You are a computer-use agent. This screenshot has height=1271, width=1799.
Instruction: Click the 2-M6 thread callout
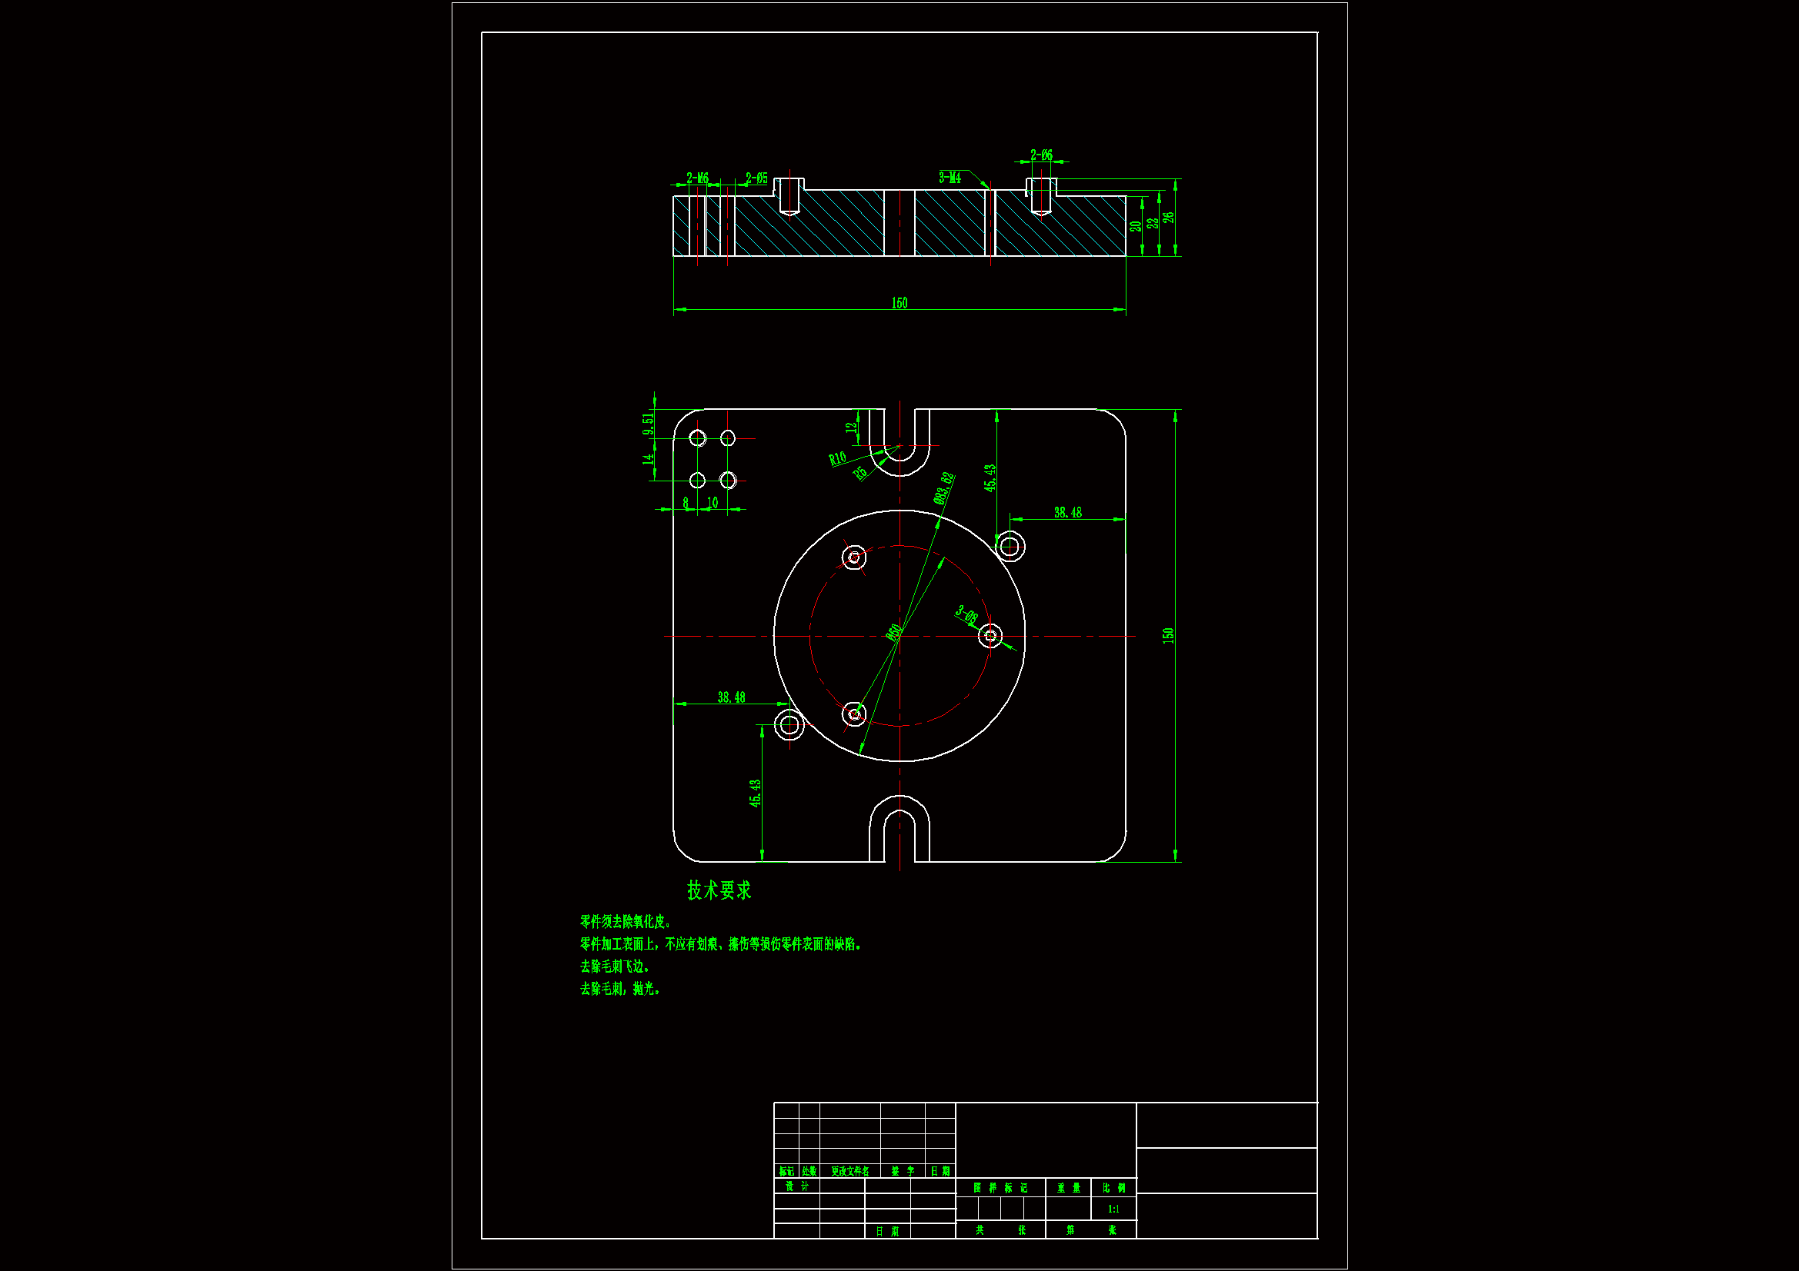pos(697,178)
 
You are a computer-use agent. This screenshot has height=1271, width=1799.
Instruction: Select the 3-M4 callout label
pos(950,178)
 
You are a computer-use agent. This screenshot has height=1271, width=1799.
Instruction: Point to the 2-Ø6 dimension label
pos(1041,155)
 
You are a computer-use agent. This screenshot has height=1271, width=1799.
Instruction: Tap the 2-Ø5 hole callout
pos(756,178)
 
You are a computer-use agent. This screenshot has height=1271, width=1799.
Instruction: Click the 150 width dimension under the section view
pos(899,303)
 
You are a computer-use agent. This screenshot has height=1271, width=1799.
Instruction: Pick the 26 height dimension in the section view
pos(1168,218)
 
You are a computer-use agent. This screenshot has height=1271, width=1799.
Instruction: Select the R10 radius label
pos(838,458)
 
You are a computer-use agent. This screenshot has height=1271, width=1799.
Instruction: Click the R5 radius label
pos(860,473)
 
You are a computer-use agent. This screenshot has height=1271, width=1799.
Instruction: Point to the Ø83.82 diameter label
pos(944,488)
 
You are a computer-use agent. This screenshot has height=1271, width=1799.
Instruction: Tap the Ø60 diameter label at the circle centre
pos(893,632)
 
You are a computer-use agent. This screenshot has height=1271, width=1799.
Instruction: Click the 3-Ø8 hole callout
pos(967,615)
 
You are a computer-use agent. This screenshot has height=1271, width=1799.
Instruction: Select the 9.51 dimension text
pos(648,424)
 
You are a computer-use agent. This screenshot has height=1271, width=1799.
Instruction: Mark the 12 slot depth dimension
pos(851,428)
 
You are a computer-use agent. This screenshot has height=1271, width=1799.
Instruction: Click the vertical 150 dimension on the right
pos(1168,635)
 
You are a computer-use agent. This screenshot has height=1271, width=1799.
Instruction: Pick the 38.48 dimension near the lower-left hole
pos(731,697)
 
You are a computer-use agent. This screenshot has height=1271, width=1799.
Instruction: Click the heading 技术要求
pos(719,890)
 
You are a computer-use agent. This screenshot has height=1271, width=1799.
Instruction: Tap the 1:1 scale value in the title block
pos(1113,1209)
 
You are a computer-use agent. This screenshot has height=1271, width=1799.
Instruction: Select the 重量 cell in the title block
pos(1068,1188)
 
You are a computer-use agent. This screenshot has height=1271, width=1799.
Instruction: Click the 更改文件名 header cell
pos(850,1171)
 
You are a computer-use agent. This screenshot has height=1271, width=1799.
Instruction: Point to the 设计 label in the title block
pos(797,1186)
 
